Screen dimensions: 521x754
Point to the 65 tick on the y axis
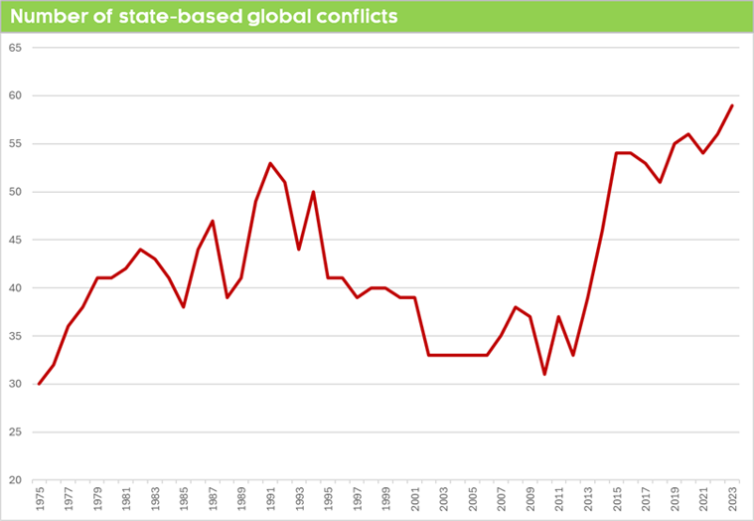14,48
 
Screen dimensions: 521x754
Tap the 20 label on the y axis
14,480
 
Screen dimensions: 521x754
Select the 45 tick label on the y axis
14,240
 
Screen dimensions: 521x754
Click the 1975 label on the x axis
40,500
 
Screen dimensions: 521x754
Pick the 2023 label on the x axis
732,500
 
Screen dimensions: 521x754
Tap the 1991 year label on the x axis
270,500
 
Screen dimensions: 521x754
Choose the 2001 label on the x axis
414,500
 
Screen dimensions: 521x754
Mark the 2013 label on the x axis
588,500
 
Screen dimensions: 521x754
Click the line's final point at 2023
732,105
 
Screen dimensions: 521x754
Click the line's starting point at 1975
40,384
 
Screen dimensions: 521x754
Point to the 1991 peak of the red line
270,163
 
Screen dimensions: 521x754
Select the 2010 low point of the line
544,374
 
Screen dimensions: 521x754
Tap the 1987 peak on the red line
213,221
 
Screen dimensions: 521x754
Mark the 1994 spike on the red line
314,192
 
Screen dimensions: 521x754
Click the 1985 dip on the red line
184,307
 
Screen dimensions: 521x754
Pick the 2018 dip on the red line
660,182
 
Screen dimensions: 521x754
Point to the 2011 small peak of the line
559,316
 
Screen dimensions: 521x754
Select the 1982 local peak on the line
141,250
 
